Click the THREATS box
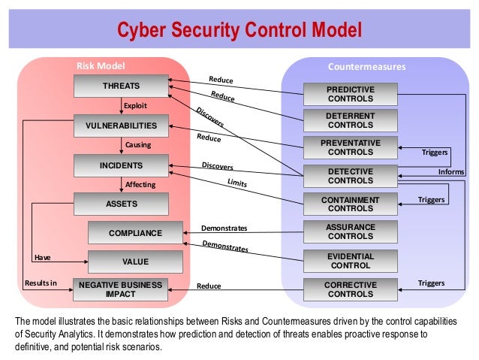[x=121, y=86]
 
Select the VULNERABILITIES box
[x=121, y=126]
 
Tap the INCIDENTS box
[x=121, y=165]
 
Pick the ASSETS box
[x=121, y=204]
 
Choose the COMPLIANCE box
[x=135, y=233]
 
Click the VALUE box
[x=135, y=262]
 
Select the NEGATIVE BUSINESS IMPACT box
[x=121, y=289]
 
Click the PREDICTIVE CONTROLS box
[x=350, y=94]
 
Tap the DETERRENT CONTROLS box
[x=350, y=120]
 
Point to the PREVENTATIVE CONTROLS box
[x=350, y=147]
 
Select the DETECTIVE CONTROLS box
[x=350, y=176]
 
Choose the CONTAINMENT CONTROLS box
[x=350, y=204]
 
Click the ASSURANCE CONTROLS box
[x=350, y=231]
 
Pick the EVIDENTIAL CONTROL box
[x=350, y=261]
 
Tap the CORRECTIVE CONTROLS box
[x=350, y=289]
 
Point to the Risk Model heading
[x=101, y=66]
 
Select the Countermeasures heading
[x=366, y=66]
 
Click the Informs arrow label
[x=451, y=172]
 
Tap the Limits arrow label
[x=236, y=183]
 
